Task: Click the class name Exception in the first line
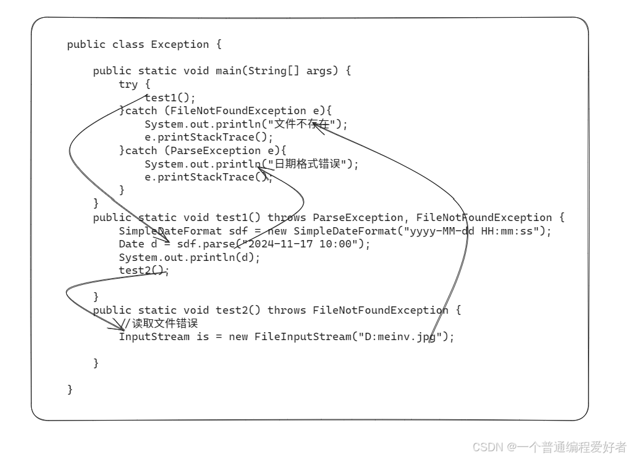(x=180, y=44)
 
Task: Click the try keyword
(x=128, y=84)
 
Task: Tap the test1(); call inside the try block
(x=170, y=98)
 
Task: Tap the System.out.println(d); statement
(x=189, y=257)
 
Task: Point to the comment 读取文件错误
(x=165, y=324)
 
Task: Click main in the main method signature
(x=228, y=71)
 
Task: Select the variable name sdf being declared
(x=238, y=231)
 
